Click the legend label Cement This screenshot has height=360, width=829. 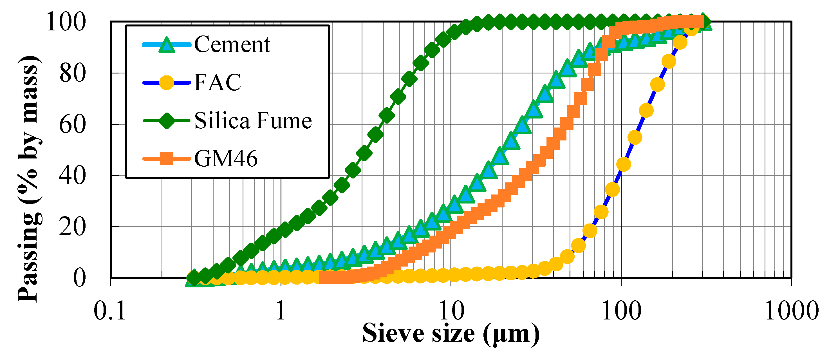(x=232, y=44)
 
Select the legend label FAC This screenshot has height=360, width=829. (x=218, y=82)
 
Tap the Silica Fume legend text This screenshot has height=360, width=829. (x=253, y=121)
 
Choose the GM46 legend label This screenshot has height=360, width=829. (x=226, y=158)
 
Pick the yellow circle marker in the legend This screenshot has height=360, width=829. (x=167, y=83)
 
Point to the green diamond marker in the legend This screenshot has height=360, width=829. (x=167, y=121)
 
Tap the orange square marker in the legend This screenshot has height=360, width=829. (x=167, y=158)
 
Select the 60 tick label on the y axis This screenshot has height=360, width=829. (x=73, y=125)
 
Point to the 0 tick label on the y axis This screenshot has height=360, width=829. (x=79, y=278)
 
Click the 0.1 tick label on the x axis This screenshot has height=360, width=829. (x=109, y=311)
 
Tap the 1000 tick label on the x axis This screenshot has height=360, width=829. (x=791, y=311)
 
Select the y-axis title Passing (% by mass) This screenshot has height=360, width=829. (x=30, y=179)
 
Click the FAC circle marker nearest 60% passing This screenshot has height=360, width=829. (x=635, y=137)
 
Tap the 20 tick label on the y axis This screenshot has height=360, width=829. (x=73, y=227)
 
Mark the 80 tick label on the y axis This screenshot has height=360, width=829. (x=73, y=73)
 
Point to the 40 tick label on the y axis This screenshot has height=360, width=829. (x=73, y=176)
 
